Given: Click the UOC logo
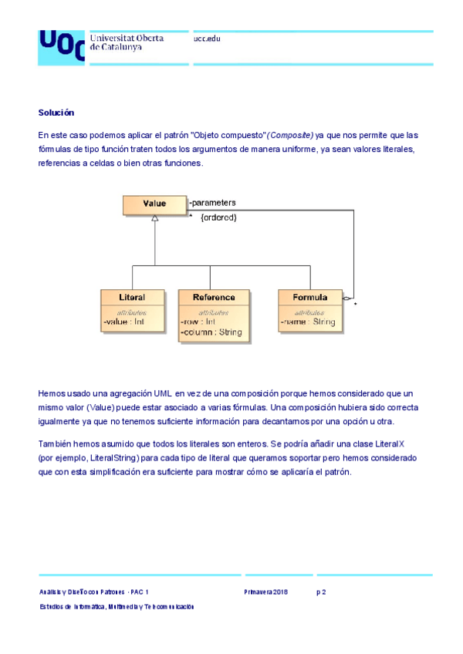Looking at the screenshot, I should (62, 46).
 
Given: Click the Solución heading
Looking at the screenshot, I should (56, 113).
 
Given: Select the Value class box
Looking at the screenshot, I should (154, 204).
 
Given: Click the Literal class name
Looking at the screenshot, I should (132, 297).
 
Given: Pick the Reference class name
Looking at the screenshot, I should (214, 297).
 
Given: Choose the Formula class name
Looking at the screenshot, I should (309, 297).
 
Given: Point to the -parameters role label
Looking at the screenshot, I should (212, 203).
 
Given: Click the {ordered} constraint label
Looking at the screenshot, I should (218, 217).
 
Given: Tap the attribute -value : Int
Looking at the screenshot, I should (124, 322).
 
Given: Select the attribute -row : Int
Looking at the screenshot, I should (198, 322).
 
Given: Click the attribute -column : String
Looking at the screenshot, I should (211, 332).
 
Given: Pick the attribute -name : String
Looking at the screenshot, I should (307, 322).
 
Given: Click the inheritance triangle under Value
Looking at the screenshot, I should (155, 219).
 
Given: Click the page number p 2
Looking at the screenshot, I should (322, 592).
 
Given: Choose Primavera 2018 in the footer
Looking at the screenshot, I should (265, 592).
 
